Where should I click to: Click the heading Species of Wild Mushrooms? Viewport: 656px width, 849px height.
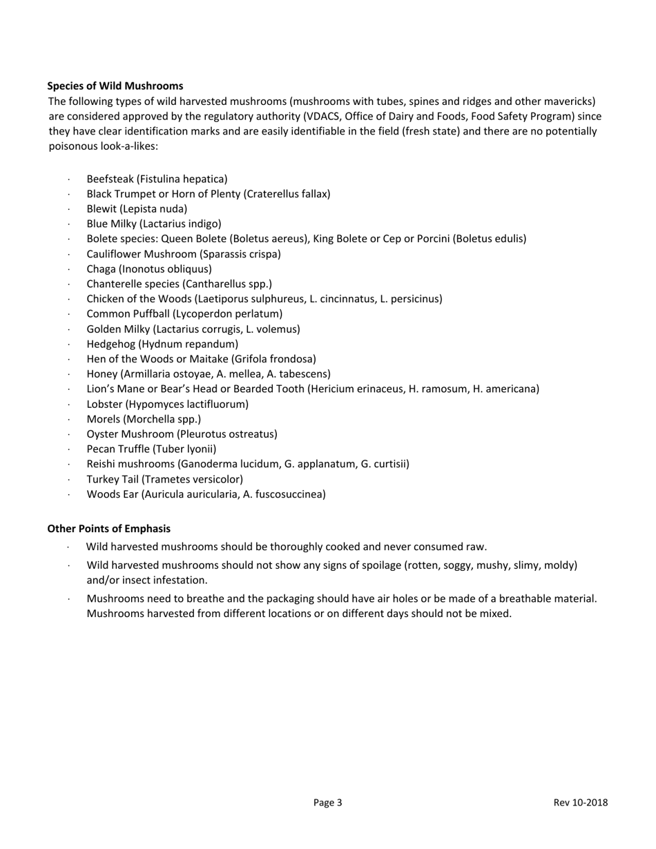pos(115,86)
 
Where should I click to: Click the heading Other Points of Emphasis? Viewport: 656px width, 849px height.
pos(108,528)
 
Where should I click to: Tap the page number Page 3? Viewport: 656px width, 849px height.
pos(327,802)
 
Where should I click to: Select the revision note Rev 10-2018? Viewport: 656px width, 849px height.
pos(580,802)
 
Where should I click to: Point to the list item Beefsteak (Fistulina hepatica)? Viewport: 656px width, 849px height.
pos(157,179)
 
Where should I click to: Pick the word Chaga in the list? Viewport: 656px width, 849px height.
pos(101,269)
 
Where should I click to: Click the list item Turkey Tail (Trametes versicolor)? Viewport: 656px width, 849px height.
pos(164,479)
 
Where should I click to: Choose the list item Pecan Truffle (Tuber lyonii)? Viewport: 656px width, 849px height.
pos(151,449)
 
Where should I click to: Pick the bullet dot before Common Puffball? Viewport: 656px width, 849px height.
pos(69,314)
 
